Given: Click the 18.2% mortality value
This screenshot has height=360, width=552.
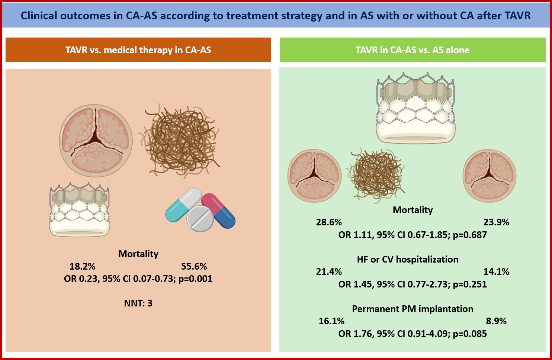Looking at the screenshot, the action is tap(82, 266).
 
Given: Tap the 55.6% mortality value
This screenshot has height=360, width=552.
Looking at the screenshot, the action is tap(194, 266).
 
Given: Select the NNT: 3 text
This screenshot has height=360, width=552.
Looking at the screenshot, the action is tap(138, 303).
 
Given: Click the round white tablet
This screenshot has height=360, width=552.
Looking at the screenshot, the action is tap(200, 219).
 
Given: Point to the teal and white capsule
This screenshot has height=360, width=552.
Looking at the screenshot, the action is tap(183, 205).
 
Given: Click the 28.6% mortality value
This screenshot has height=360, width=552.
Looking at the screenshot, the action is tap(329, 222).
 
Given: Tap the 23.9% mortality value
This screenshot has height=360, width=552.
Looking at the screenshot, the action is tap(496, 222).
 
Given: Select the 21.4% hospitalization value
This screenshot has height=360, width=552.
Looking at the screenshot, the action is tap(329, 271).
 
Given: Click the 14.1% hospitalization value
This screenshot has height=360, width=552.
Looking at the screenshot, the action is tap(496, 271).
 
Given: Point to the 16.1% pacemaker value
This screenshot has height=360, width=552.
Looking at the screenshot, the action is tap(331, 321).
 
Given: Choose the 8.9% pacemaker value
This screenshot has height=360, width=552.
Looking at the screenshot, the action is tap(496, 321).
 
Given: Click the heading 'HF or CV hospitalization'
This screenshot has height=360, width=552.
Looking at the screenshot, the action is tap(408, 260).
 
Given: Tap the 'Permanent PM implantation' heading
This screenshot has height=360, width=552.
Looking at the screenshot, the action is tap(413, 309).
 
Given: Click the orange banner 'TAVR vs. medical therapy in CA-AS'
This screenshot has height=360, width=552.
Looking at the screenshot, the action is tap(138, 50).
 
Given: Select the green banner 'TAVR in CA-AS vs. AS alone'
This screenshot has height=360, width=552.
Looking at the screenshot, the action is tap(413, 50).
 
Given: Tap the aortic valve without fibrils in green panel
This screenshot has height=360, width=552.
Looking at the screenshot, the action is tap(490, 176).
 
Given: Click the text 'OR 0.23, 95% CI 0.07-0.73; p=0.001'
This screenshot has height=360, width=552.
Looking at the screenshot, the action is tap(138, 279).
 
